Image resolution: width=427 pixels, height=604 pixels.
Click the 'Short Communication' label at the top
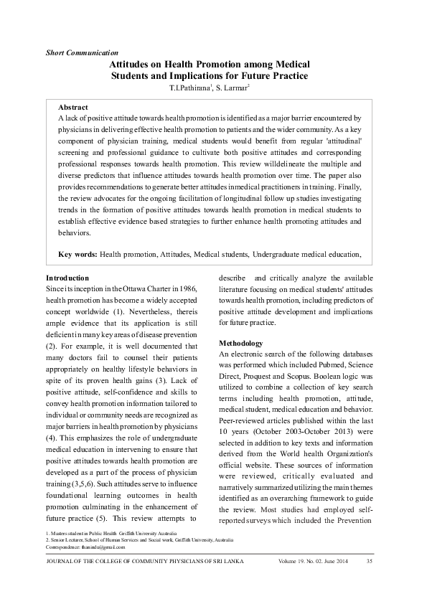(x=82, y=53)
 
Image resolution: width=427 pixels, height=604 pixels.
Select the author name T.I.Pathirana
(x=189, y=88)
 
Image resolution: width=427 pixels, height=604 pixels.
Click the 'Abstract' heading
(x=72, y=106)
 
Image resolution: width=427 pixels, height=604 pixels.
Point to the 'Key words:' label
(x=78, y=254)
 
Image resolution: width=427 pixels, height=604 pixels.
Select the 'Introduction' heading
(x=67, y=278)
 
